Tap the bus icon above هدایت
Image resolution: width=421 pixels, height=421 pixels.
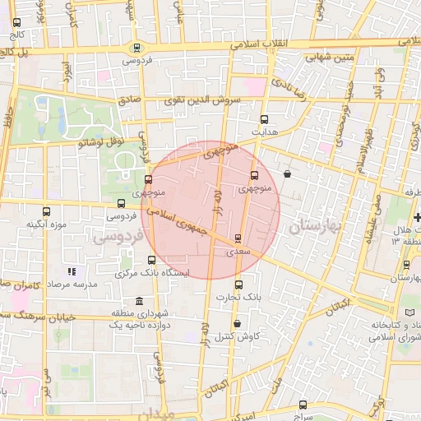point(264,119)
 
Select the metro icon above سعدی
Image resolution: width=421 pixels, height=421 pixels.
point(238,238)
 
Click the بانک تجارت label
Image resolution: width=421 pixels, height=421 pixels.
point(243,295)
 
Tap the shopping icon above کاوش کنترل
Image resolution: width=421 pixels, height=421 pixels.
point(237,323)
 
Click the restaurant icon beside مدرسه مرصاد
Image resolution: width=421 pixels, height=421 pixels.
point(72,271)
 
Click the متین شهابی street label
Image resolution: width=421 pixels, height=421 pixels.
point(329,58)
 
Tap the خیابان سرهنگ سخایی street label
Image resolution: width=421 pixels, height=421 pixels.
point(41,317)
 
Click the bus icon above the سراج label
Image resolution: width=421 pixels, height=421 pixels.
point(303,404)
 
